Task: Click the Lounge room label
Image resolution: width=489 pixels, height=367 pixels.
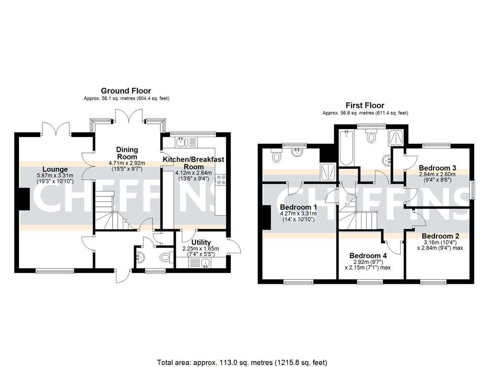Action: [x=55, y=169]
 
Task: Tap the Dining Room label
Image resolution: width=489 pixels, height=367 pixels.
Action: [x=127, y=153]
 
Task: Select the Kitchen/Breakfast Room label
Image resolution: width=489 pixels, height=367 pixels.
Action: [x=193, y=162]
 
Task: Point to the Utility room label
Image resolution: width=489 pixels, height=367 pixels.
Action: [x=201, y=242]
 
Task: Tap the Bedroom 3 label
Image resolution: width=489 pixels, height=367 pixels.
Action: [x=437, y=168]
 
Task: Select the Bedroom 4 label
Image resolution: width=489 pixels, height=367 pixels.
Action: [x=368, y=255]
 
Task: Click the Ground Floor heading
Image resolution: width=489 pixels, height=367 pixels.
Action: [x=126, y=91]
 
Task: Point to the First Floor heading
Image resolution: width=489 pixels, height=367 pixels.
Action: [x=365, y=106]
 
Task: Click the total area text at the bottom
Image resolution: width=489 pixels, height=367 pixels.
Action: [x=242, y=362]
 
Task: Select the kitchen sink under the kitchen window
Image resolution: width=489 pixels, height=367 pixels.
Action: [x=181, y=142]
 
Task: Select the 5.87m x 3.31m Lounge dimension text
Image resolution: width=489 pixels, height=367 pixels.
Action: [x=55, y=175]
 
